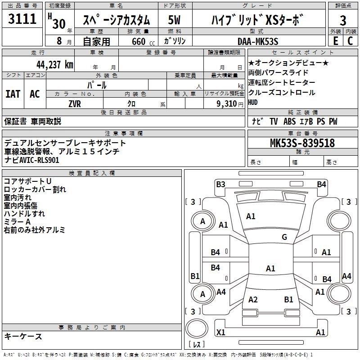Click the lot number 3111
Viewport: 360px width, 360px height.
22,19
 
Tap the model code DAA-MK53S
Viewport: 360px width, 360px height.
258,41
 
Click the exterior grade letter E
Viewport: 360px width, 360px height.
335,41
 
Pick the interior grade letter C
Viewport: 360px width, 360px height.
350,41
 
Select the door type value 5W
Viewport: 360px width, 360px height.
175,20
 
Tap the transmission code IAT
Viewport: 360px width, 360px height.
13,94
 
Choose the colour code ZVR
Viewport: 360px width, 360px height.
75,103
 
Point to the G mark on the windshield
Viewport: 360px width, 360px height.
284,237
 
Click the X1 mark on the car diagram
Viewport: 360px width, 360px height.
221,333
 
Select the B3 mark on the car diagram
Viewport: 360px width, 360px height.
220,184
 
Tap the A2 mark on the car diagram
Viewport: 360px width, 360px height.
253,300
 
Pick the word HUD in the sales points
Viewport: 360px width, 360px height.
253,102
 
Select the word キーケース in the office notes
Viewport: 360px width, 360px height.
23,336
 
